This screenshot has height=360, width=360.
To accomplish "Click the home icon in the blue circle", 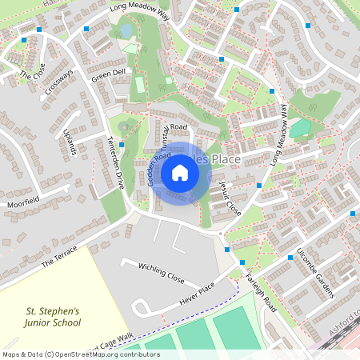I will pyautogui.click(x=180, y=173).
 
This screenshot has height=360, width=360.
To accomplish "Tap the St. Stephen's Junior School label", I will pyautogui.click(x=54, y=317).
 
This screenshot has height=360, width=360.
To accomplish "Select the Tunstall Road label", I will pyautogui.click(x=175, y=133).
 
